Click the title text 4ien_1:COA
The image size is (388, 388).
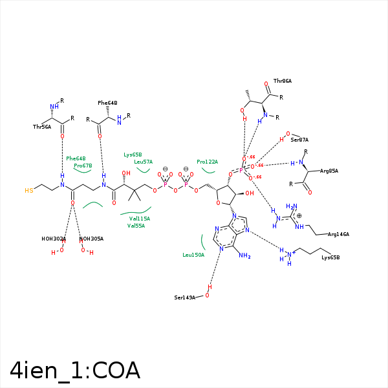[x=75, y=370]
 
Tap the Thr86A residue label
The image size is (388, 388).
[x=283, y=81]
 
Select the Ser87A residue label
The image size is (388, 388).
[x=299, y=140]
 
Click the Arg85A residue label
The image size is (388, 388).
[x=329, y=171]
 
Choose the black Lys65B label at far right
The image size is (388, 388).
[x=330, y=258]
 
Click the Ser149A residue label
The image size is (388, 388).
[x=184, y=297]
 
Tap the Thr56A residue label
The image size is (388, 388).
[x=42, y=127]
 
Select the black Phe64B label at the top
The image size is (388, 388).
[x=107, y=103]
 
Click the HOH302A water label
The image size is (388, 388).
[x=54, y=239]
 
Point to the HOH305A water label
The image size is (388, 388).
[x=91, y=239]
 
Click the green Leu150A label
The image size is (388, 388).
[x=193, y=255]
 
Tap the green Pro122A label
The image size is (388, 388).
[x=208, y=162]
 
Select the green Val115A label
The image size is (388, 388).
[x=139, y=219]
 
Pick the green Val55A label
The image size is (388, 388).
[x=136, y=226]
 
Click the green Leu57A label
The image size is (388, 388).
[x=143, y=162]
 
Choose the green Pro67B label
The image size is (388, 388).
[x=83, y=166]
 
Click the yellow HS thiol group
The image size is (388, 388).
[x=28, y=191]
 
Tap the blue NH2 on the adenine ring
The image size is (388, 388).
[x=244, y=256]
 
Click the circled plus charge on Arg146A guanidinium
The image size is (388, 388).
[x=299, y=215]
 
